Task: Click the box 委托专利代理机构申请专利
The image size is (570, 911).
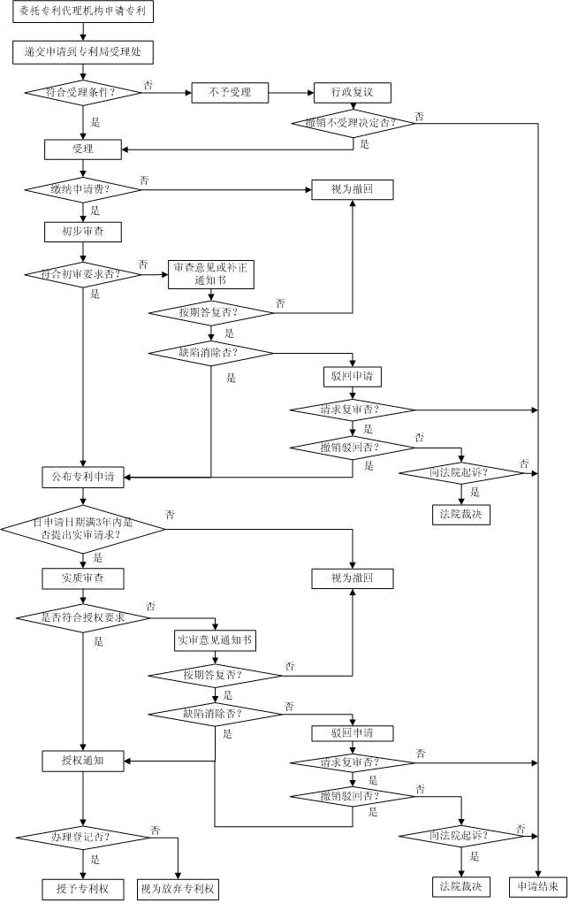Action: tap(83, 11)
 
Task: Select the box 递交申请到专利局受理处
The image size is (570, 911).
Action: tap(83, 51)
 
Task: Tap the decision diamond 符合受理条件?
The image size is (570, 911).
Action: tap(83, 92)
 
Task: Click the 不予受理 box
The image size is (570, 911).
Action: tap(230, 92)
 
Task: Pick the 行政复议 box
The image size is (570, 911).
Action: tap(353, 92)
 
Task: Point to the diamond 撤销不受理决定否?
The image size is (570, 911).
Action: tap(353, 123)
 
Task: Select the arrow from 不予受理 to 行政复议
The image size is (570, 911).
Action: tap(292, 92)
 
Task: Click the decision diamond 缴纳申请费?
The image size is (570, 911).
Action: tap(83, 189)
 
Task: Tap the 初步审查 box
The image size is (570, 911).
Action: tap(83, 231)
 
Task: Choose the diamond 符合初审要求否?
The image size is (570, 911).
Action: tap(83, 274)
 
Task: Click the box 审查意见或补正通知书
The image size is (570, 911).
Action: tap(211, 274)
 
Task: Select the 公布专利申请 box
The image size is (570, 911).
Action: tap(83, 477)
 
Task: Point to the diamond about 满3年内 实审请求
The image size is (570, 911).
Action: tap(83, 529)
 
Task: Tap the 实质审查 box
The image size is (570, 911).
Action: tap(83, 578)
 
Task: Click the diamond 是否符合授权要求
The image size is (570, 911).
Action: tap(83, 617)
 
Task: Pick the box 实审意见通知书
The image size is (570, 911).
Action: tap(215, 640)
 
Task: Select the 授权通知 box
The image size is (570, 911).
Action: tap(83, 761)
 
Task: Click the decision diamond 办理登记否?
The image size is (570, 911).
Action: tap(83, 838)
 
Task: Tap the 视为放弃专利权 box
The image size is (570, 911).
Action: tap(178, 889)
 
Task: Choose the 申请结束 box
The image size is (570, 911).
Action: tap(538, 886)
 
